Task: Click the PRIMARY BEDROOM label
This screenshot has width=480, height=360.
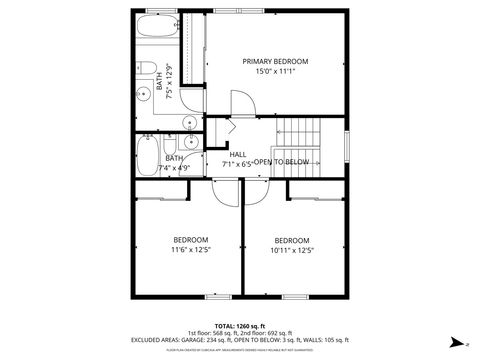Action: tap(275, 61)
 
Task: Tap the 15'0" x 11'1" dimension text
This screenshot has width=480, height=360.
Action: tap(275, 72)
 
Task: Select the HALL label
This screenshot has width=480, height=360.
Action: tap(238, 154)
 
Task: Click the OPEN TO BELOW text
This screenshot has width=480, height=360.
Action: tap(281, 162)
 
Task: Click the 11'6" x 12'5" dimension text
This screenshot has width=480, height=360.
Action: tap(190, 251)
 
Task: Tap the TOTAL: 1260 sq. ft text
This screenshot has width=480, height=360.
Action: tap(235, 326)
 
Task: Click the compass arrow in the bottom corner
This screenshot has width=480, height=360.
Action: tap(456, 341)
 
